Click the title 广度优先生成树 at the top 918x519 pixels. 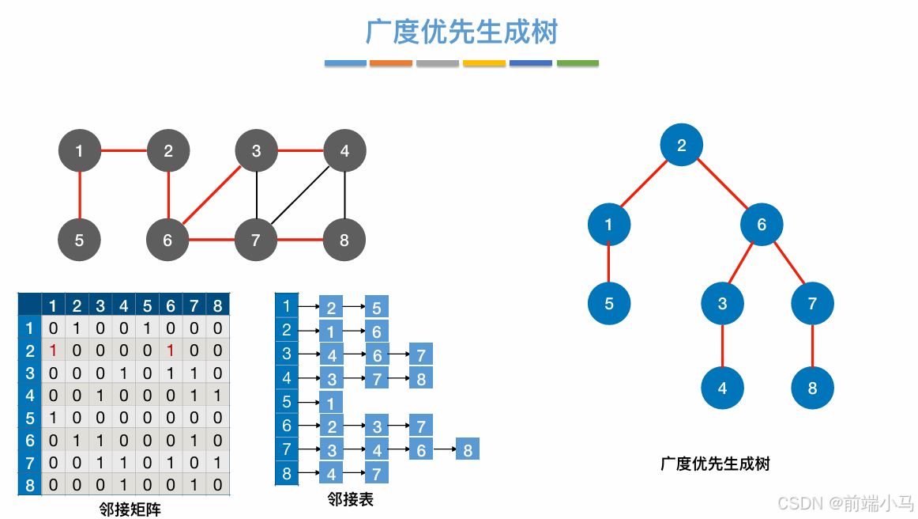point(461,32)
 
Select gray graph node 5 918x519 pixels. point(79,240)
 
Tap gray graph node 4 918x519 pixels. point(344,150)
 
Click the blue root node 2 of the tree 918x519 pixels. point(681,145)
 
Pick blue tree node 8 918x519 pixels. point(812,388)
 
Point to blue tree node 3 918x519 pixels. point(722,304)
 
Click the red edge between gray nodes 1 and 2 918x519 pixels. point(123,150)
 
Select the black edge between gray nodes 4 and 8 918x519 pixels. point(344,195)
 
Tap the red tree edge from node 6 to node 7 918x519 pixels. point(788,263)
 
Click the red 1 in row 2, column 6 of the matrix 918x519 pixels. point(170,350)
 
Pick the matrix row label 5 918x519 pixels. point(30,418)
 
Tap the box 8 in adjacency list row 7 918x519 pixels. point(468,450)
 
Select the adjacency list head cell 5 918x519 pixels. point(287,402)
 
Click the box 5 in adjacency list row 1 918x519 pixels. point(377,308)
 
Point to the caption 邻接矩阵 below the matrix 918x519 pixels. point(130,510)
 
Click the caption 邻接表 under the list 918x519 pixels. point(351,499)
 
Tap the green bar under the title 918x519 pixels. point(578,63)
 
